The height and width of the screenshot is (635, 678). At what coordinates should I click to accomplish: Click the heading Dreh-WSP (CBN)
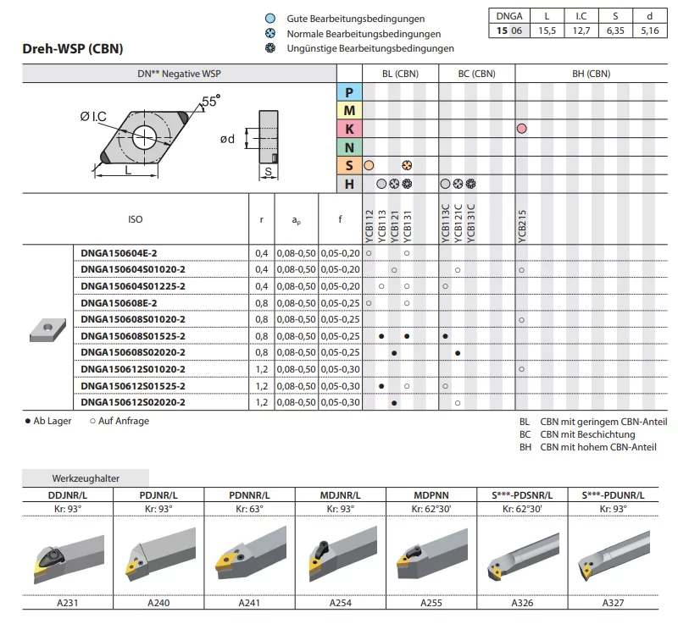[73, 49]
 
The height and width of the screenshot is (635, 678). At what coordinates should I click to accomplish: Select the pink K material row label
[349, 129]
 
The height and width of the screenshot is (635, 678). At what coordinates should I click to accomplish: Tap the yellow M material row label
[349, 110]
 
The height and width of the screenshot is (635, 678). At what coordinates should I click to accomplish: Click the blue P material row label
[349, 92]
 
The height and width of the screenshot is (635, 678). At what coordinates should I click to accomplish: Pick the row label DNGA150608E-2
[119, 302]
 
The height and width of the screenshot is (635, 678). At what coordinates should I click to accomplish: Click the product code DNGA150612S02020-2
[132, 402]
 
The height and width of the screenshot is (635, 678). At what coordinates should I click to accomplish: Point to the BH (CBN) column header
[586, 74]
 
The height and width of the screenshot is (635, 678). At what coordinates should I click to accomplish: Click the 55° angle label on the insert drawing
[210, 102]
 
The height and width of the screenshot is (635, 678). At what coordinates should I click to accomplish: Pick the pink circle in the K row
[522, 129]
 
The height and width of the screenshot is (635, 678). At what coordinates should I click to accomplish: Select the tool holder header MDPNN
[431, 494]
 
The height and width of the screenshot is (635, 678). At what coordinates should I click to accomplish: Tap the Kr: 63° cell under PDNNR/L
[250, 509]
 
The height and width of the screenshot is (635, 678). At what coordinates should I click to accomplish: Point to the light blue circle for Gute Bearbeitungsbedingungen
[270, 19]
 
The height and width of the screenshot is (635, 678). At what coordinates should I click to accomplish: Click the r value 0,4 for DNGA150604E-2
[261, 253]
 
